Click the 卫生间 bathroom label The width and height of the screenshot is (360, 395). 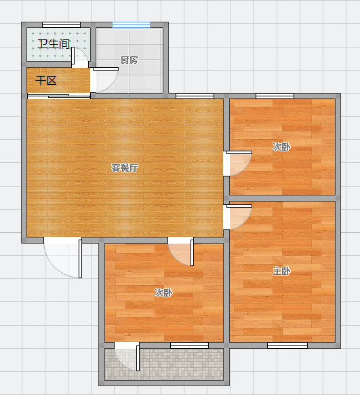54,44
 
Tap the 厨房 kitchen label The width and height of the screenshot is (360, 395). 129,60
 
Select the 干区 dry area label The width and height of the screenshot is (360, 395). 46,81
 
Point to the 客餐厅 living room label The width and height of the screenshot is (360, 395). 125,168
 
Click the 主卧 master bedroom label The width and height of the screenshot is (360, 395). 281,271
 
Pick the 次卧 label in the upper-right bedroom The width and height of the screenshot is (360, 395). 281,147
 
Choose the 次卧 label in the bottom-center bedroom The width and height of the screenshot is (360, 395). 163,293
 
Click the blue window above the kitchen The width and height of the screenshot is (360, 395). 131,24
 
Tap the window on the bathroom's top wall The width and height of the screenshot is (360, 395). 62,24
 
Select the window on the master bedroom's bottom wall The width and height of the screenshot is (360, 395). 287,345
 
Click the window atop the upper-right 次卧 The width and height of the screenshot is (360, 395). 275,96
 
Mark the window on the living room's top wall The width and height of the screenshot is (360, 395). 195,96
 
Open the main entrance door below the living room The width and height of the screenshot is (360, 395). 63,257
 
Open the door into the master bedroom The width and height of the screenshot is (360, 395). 237,217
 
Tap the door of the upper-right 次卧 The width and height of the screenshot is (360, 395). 237,164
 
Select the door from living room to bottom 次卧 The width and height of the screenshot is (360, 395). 180,251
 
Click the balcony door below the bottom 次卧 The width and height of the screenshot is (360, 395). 127,356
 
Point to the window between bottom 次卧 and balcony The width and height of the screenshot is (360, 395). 189,345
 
